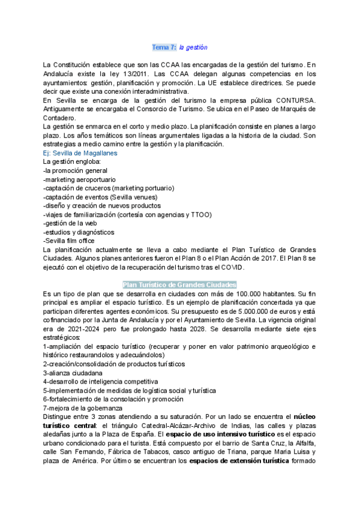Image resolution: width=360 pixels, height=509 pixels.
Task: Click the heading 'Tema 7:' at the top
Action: tap(164, 47)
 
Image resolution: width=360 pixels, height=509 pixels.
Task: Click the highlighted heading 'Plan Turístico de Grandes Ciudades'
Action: tap(179, 285)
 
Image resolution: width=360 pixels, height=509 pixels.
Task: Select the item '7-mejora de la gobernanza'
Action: tap(83, 408)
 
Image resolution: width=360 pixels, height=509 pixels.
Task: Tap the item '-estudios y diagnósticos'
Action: tap(79, 232)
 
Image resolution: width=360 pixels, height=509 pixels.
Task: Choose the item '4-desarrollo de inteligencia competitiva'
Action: tap(100, 381)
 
